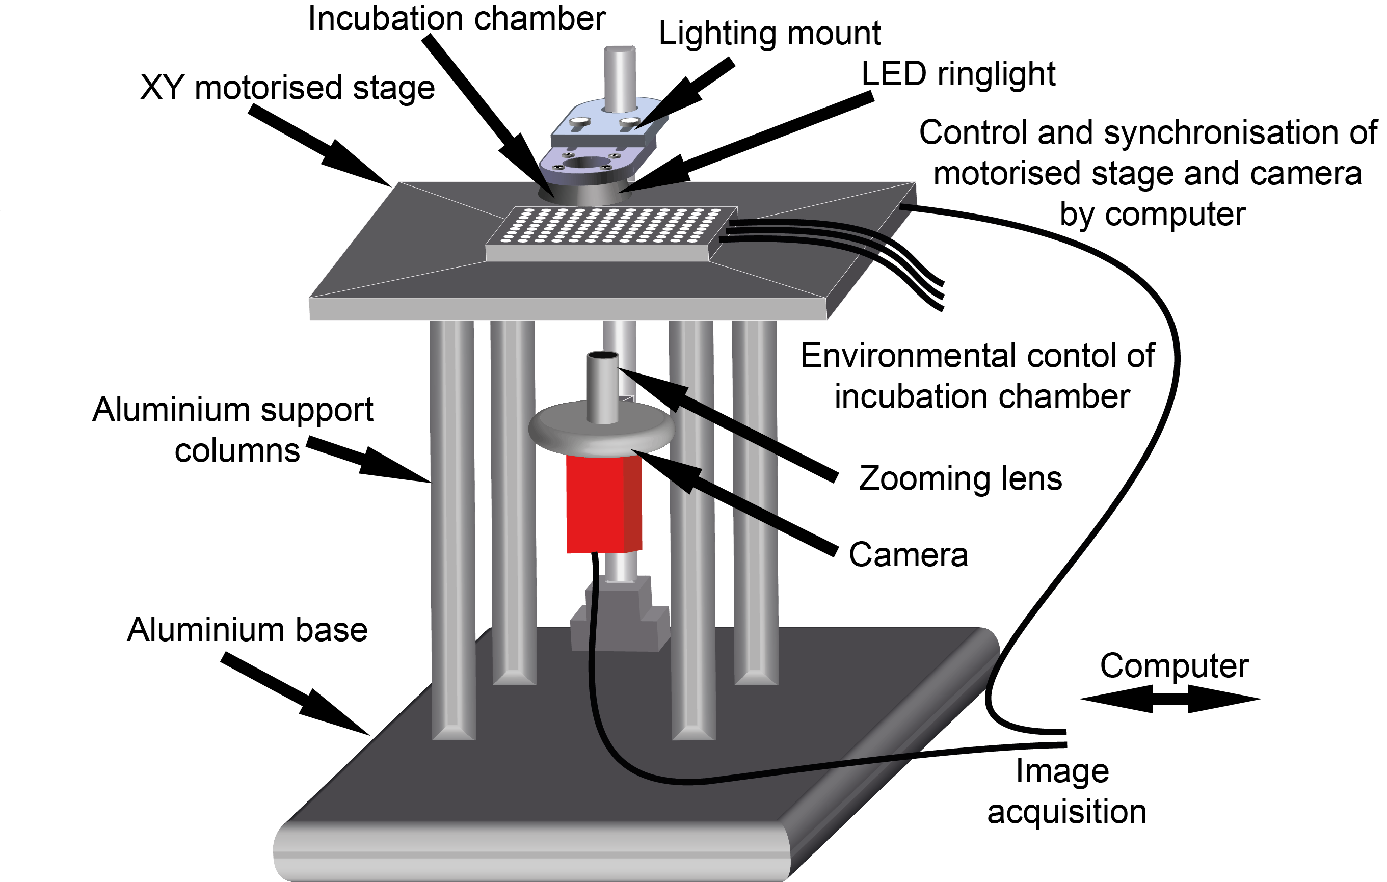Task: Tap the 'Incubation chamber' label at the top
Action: click(x=456, y=18)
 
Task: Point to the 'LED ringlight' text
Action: click(x=958, y=74)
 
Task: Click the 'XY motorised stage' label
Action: click(x=287, y=88)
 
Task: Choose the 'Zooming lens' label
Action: click(x=960, y=479)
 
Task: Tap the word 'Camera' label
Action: click(x=909, y=555)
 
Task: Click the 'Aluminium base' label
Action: click(x=247, y=630)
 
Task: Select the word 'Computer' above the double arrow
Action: click(x=1175, y=666)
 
